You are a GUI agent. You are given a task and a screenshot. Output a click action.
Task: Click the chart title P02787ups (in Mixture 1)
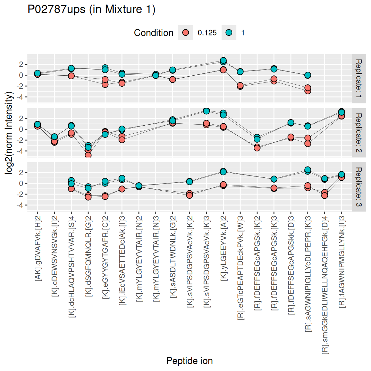pyautogui.click(x=91, y=9)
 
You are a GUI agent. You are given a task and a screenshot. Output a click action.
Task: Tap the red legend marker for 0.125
pyautogui.click(x=185, y=33)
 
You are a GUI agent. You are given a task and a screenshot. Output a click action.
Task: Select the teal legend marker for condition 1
pyautogui.click(x=229, y=33)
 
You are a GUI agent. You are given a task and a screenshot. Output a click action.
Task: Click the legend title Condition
pyautogui.click(x=154, y=33)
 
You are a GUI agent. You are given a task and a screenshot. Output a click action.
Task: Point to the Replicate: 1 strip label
pyautogui.click(x=359, y=79)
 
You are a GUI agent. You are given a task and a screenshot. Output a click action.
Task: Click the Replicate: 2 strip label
pyautogui.click(x=359, y=133)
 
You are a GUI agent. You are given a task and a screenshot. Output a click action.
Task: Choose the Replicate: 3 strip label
pyautogui.click(x=359, y=187)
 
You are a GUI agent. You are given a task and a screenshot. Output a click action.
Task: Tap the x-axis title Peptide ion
pyautogui.click(x=189, y=361)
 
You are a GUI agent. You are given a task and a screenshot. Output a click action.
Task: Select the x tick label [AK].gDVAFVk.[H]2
pyautogui.click(x=38, y=246)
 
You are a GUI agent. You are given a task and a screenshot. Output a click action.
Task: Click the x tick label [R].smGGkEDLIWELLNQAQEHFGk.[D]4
pyautogui.click(x=325, y=283)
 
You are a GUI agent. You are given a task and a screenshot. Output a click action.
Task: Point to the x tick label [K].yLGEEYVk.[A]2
pyautogui.click(x=224, y=246)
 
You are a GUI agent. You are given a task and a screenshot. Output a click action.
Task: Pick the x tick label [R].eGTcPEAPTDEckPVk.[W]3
pyautogui.click(x=241, y=266)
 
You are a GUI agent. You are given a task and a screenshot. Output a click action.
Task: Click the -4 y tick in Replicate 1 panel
pyautogui.click(x=21, y=97)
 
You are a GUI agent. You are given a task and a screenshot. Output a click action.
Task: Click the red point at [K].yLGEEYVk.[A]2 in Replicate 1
pyautogui.click(x=223, y=70)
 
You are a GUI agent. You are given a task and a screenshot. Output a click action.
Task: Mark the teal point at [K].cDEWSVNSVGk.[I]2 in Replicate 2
pyautogui.click(x=54, y=137)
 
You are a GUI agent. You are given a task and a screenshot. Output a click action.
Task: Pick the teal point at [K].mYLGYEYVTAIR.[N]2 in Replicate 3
pyautogui.click(x=139, y=186)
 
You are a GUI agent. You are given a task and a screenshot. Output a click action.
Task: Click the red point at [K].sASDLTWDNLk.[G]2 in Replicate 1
pyautogui.click(x=173, y=79)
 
